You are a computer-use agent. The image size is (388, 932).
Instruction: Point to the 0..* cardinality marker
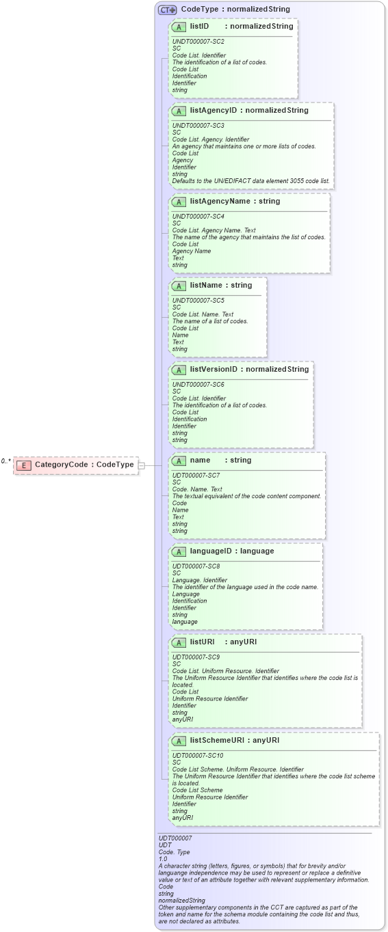(x=5, y=461)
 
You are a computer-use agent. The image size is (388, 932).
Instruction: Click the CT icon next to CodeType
(x=167, y=10)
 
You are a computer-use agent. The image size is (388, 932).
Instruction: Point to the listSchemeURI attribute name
(x=216, y=740)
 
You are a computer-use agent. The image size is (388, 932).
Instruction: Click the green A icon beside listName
(x=179, y=286)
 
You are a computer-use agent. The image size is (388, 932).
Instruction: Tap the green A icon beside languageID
(x=179, y=551)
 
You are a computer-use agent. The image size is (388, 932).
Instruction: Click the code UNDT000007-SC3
(x=198, y=126)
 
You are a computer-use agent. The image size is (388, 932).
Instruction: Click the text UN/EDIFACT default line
(x=251, y=181)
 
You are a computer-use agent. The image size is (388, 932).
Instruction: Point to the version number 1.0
(x=163, y=859)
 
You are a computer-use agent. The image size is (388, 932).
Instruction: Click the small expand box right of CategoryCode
(x=142, y=465)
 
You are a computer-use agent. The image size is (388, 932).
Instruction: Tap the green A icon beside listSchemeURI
(x=179, y=741)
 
